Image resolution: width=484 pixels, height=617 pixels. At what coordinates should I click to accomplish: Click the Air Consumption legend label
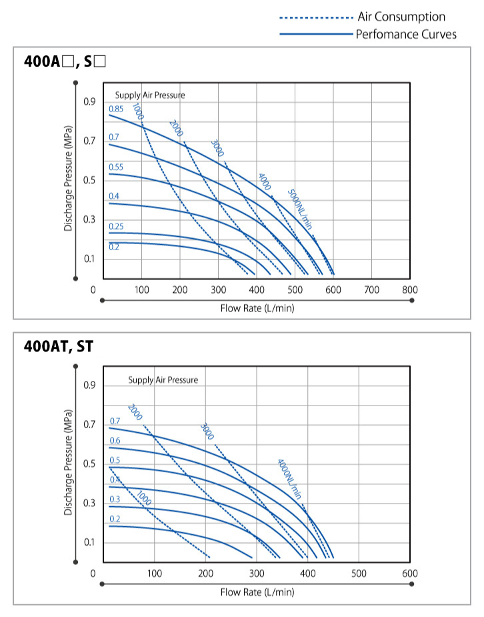(401, 17)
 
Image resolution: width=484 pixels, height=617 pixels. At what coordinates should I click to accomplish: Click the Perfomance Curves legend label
(406, 34)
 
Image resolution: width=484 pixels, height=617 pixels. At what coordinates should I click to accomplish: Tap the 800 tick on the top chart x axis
(410, 289)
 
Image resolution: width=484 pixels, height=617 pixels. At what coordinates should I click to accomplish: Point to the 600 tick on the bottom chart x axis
(410, 573)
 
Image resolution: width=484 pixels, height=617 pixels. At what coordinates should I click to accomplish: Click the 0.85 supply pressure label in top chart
(116, 109)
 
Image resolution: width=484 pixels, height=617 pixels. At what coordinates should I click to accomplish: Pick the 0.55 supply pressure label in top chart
(116, 167)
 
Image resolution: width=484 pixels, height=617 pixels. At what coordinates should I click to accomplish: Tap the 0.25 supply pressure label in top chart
(116, 227)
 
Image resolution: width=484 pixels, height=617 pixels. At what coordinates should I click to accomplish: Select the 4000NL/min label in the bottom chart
(289, 479)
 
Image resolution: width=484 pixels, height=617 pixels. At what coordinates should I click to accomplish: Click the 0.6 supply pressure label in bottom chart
(115, 440)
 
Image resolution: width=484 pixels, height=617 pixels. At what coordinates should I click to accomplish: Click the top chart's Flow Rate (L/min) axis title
(257, 308)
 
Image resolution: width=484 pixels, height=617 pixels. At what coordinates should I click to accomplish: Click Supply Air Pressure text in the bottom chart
(163, 380)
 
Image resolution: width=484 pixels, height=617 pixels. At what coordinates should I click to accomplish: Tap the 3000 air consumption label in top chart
(217, 148)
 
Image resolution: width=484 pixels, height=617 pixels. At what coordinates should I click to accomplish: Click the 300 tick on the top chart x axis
(218, 289)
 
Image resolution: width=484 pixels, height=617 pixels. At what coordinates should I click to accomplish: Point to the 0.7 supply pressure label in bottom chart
(115, 421)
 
